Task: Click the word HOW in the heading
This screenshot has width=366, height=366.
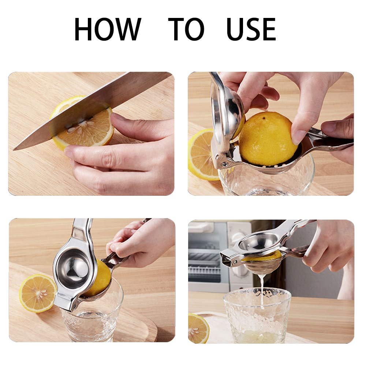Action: click(x=108, y=29)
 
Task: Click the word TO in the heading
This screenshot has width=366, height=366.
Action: click(x=186, y=29)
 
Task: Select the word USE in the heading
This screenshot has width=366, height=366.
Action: click(x=251, y=29)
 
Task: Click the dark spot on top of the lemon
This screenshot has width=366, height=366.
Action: click(x=264, y=118)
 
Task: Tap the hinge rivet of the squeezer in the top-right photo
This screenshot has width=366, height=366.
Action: click(x=225, y=164)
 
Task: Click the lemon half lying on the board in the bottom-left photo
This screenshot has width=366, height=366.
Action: click(x=38, y=293)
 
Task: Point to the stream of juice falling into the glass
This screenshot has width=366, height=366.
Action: click(x=262, y=290)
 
